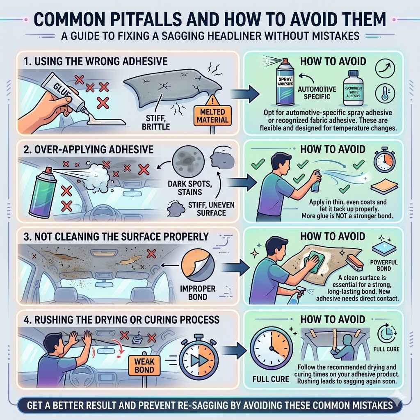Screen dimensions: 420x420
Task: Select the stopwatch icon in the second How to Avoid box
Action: [x=384, y=161]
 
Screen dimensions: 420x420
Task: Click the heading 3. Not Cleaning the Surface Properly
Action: [x=116, y=237]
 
